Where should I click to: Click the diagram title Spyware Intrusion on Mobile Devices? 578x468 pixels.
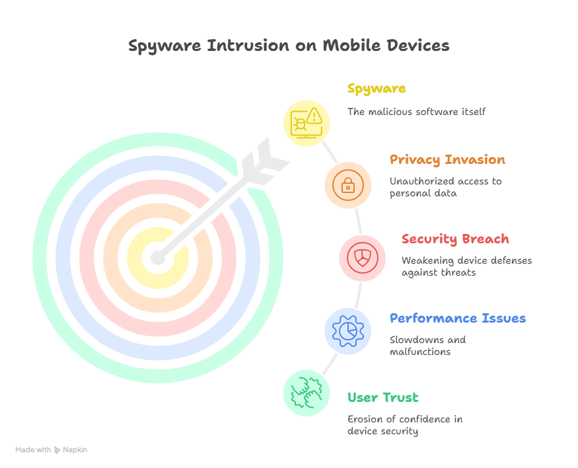coord(289,46)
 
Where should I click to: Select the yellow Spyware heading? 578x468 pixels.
coord(377,89)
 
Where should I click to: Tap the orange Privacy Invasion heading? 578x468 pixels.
coord(447,160)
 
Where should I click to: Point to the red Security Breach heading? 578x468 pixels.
coord(455,239)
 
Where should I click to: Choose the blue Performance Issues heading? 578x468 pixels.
coord(458,319)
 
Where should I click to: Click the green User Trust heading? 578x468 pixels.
coord(383,398)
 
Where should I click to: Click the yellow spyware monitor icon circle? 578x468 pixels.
coord(307,122)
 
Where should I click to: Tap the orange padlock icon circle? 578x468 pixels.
coord(347,185)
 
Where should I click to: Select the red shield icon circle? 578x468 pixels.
coord(363,258)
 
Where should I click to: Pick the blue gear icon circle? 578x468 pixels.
coord(347,331)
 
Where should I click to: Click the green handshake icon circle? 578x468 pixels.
coord(307,393)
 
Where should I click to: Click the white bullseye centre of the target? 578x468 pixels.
coord(157,257)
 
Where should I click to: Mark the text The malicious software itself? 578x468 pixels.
coord(417,112)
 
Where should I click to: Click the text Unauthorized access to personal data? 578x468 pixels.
coord(445,187)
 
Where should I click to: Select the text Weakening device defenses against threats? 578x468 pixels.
coord(466,266)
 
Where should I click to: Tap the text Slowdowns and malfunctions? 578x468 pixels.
coord(427,346)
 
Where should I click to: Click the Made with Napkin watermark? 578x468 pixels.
coord(52,449)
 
